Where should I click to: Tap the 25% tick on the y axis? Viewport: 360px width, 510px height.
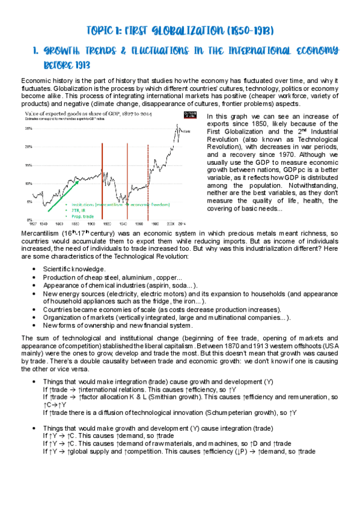tap(28, 128)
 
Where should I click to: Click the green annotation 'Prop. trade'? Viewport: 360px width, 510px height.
tap(82, 215)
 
